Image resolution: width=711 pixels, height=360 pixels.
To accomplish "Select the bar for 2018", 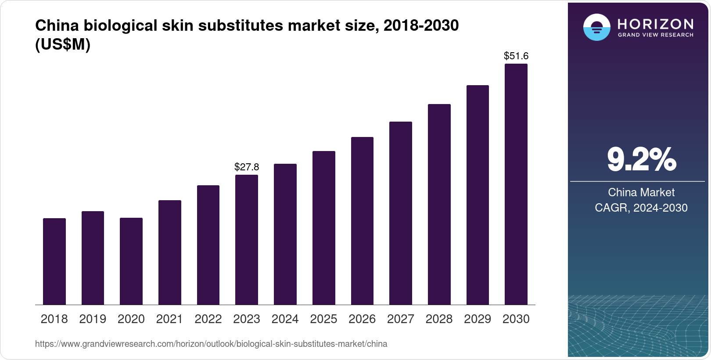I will pyautogui.click(x=54, y=261).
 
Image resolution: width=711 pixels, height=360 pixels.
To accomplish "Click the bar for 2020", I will pyautogui.click(x=131, y=261).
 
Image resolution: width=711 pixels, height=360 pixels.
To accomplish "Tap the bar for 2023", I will pyautogui.click(x=247, y=240).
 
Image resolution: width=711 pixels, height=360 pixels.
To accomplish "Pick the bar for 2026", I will pyautogui.click(x=362, y=221).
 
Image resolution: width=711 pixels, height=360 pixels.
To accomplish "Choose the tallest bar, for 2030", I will pyautogui.click(x=516, y=184).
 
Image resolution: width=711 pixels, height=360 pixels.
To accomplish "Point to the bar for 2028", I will pyautogui.click(x=439, y=204).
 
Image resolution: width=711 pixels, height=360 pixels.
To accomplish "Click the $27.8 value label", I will pyautogui.click(x=247, y=167).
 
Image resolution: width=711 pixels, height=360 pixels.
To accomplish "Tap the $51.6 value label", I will pyautogui.click(x=516, y=56).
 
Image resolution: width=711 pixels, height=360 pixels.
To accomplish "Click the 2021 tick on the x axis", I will pyautogui.click(x=169, y=319).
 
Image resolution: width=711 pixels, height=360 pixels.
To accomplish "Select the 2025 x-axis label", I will pyautogui.click(x=323, y=319).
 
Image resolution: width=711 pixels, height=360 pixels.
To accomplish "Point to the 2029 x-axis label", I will pyautogui.click(x=478, y=319).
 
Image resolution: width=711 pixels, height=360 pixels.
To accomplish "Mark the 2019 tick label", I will pyautogui.click(x=93, y=319).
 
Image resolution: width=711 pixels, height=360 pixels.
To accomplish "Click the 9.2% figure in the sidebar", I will pyautogui.click(x=641, y=160).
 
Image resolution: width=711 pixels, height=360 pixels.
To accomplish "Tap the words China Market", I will pyautogui.click(x=641, y=192).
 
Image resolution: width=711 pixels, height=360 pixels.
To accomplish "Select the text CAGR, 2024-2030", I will pyautogui.click(x=641, y=208).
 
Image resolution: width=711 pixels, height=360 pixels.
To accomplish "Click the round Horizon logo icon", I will pyautogui.click(x=596, y=27).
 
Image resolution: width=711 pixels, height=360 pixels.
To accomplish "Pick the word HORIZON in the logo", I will pyautogui.click(x=655, y=24).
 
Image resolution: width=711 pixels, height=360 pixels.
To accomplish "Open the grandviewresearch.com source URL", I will pyautogui.click(x=211, y=344).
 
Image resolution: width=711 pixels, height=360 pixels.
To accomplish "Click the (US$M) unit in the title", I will pyautogui.click(x=63, y=45).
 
